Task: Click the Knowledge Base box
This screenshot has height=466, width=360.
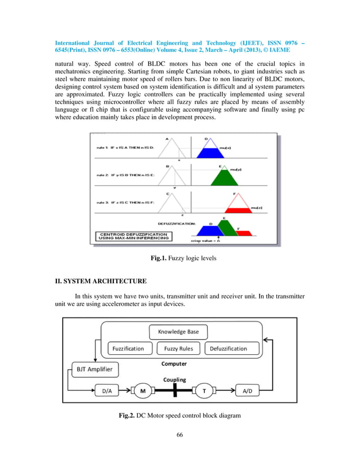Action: point(178,331)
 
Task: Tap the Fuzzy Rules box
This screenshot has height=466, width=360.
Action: point(178,349)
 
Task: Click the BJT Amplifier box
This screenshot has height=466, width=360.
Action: point(94,370)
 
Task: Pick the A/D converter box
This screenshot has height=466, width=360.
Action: point(249,390)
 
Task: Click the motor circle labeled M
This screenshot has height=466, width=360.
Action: point(143,390)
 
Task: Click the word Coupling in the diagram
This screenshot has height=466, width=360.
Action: point(175,379)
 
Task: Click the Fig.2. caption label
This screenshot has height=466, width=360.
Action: point(129,416)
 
